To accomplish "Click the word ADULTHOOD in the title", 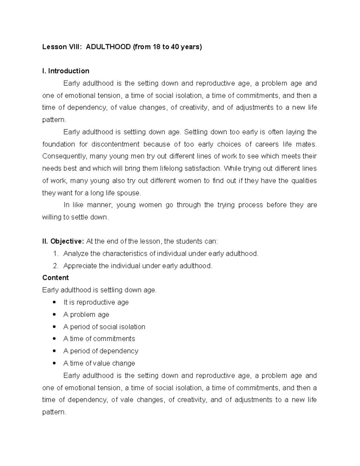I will (x=108, y=47).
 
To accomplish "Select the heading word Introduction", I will (x=69, y=71).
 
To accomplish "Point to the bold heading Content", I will (x=55, y=278).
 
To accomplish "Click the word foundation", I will (x=58, y=144).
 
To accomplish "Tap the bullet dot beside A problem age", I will (x=54, y=314).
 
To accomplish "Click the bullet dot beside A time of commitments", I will (x=54, y=339).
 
